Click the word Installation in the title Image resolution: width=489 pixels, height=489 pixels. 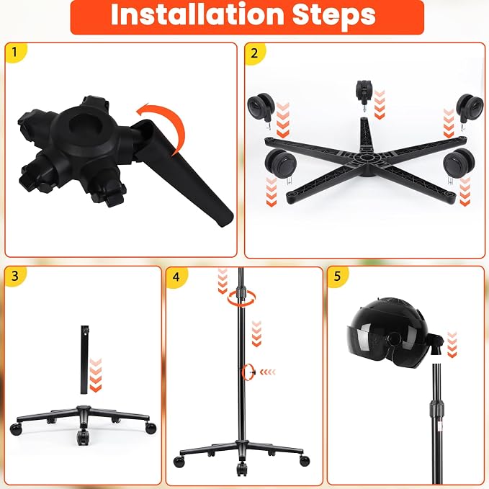197,14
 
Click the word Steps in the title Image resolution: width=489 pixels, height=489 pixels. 334,15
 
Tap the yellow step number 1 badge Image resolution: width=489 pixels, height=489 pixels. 15,52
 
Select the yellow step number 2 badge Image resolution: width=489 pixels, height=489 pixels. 254,53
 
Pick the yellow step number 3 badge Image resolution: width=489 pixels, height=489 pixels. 14,276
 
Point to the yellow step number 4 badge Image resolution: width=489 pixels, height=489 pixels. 176,277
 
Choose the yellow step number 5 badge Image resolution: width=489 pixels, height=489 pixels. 338,277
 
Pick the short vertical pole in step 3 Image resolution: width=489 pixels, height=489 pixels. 84,359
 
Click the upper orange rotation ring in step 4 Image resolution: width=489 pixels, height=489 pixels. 242,298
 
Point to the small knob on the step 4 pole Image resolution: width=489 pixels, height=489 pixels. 252,372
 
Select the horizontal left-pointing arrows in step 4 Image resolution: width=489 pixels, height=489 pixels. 268,372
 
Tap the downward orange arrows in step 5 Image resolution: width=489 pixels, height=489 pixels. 452,345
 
